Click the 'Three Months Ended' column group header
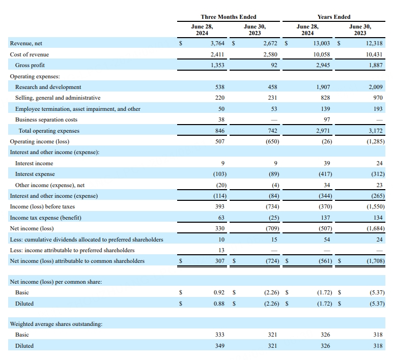coord(229,17)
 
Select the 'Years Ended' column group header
coord(333,17)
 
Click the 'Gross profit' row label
coord(30,65)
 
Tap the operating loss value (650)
coord(271,141)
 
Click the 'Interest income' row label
coord(34,163)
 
